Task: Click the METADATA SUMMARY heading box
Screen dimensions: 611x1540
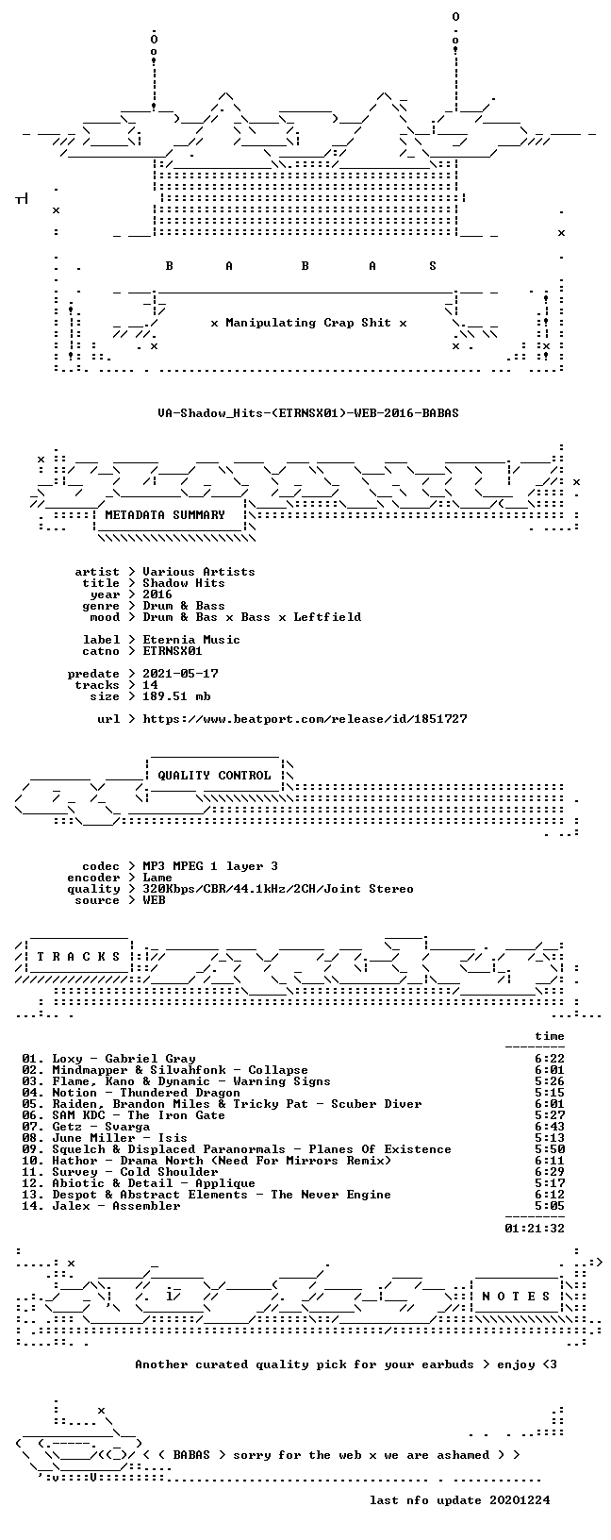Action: (x=165, y=515)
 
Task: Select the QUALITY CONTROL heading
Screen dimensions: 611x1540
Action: (x=214, y=776)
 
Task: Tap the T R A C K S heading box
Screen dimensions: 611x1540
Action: (x=77, y=956)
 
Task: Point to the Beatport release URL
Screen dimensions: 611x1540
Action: (x=305, y=719)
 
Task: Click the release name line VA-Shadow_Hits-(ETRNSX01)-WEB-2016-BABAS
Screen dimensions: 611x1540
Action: (x=308, y=413)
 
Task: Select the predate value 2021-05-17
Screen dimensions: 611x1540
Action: (x=181, y=674)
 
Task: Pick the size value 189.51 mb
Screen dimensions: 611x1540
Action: (x=176, y=696)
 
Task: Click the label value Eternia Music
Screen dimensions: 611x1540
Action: (x=191, y=640)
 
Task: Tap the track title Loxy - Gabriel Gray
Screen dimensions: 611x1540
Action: (x=124, y=1059)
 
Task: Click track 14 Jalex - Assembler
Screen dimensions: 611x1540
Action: (x=101, y=1206)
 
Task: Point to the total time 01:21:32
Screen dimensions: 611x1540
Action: (x=535, y=1229)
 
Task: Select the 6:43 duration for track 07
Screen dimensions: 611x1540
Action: (x=550, y=1127)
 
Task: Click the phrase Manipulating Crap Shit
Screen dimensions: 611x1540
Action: (x=308, y=323)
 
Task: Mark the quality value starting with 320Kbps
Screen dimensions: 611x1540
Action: (x=277, y=889)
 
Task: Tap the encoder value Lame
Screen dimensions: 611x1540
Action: (x=157, y=878)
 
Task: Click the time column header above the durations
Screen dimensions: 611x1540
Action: (x=550, y=1036)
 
